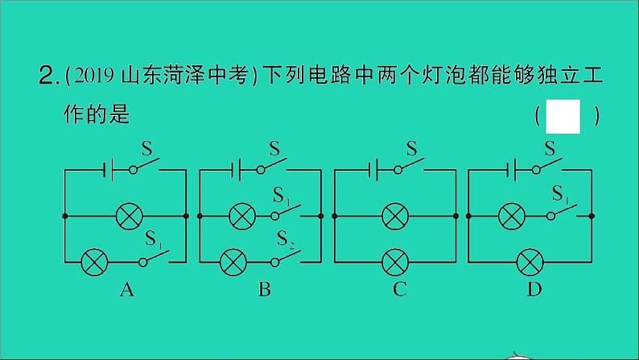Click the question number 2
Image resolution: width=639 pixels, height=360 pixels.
click(46, 77)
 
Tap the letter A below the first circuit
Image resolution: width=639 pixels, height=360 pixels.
click(126, 290)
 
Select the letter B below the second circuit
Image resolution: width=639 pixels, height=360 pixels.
click(264, 290)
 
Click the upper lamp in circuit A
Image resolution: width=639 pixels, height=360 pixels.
click(128, 216)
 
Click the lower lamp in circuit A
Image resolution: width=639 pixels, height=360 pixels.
click(94, 262)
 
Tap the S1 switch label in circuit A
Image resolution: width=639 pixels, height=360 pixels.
click(154, 239)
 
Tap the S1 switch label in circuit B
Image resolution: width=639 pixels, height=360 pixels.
click(282, 195)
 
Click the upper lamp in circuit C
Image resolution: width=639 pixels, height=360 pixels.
click(394, 216)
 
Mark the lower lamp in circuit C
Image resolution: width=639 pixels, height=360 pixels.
click(394, 262)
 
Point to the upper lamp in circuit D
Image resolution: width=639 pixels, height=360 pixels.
click(510, 216)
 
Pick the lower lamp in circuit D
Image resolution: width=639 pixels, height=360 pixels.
click(529, 262)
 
